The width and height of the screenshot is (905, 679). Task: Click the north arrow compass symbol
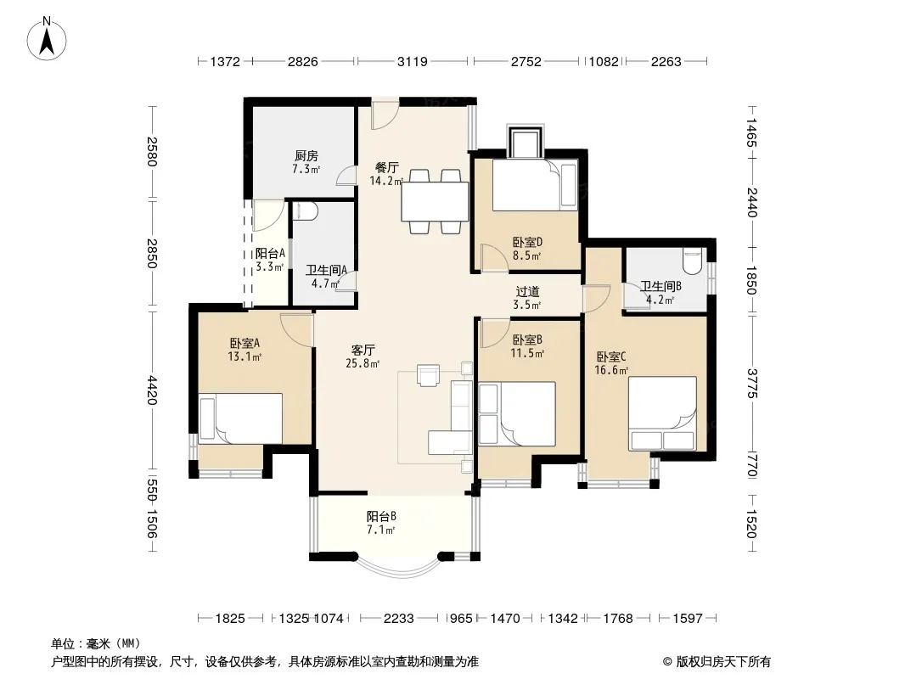46,39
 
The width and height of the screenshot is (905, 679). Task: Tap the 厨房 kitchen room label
306,156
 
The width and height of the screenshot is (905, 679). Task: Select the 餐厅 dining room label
386,167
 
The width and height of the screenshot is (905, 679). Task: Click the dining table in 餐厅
436,201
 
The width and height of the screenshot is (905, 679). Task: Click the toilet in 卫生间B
691,261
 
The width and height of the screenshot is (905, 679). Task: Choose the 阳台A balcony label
270,253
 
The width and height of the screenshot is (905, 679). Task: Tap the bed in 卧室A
240,418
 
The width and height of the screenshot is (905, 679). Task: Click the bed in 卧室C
662,413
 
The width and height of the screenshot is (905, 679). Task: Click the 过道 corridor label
527,291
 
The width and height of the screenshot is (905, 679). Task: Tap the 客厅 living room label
363,350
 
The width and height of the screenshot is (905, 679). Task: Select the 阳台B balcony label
381,516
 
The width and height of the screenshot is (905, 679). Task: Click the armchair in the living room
428,375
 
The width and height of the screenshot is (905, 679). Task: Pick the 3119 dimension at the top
412,61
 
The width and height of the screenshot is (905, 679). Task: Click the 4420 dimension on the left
152,390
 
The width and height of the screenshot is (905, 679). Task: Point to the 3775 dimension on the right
751,383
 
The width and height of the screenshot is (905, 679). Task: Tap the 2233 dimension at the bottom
399,619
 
